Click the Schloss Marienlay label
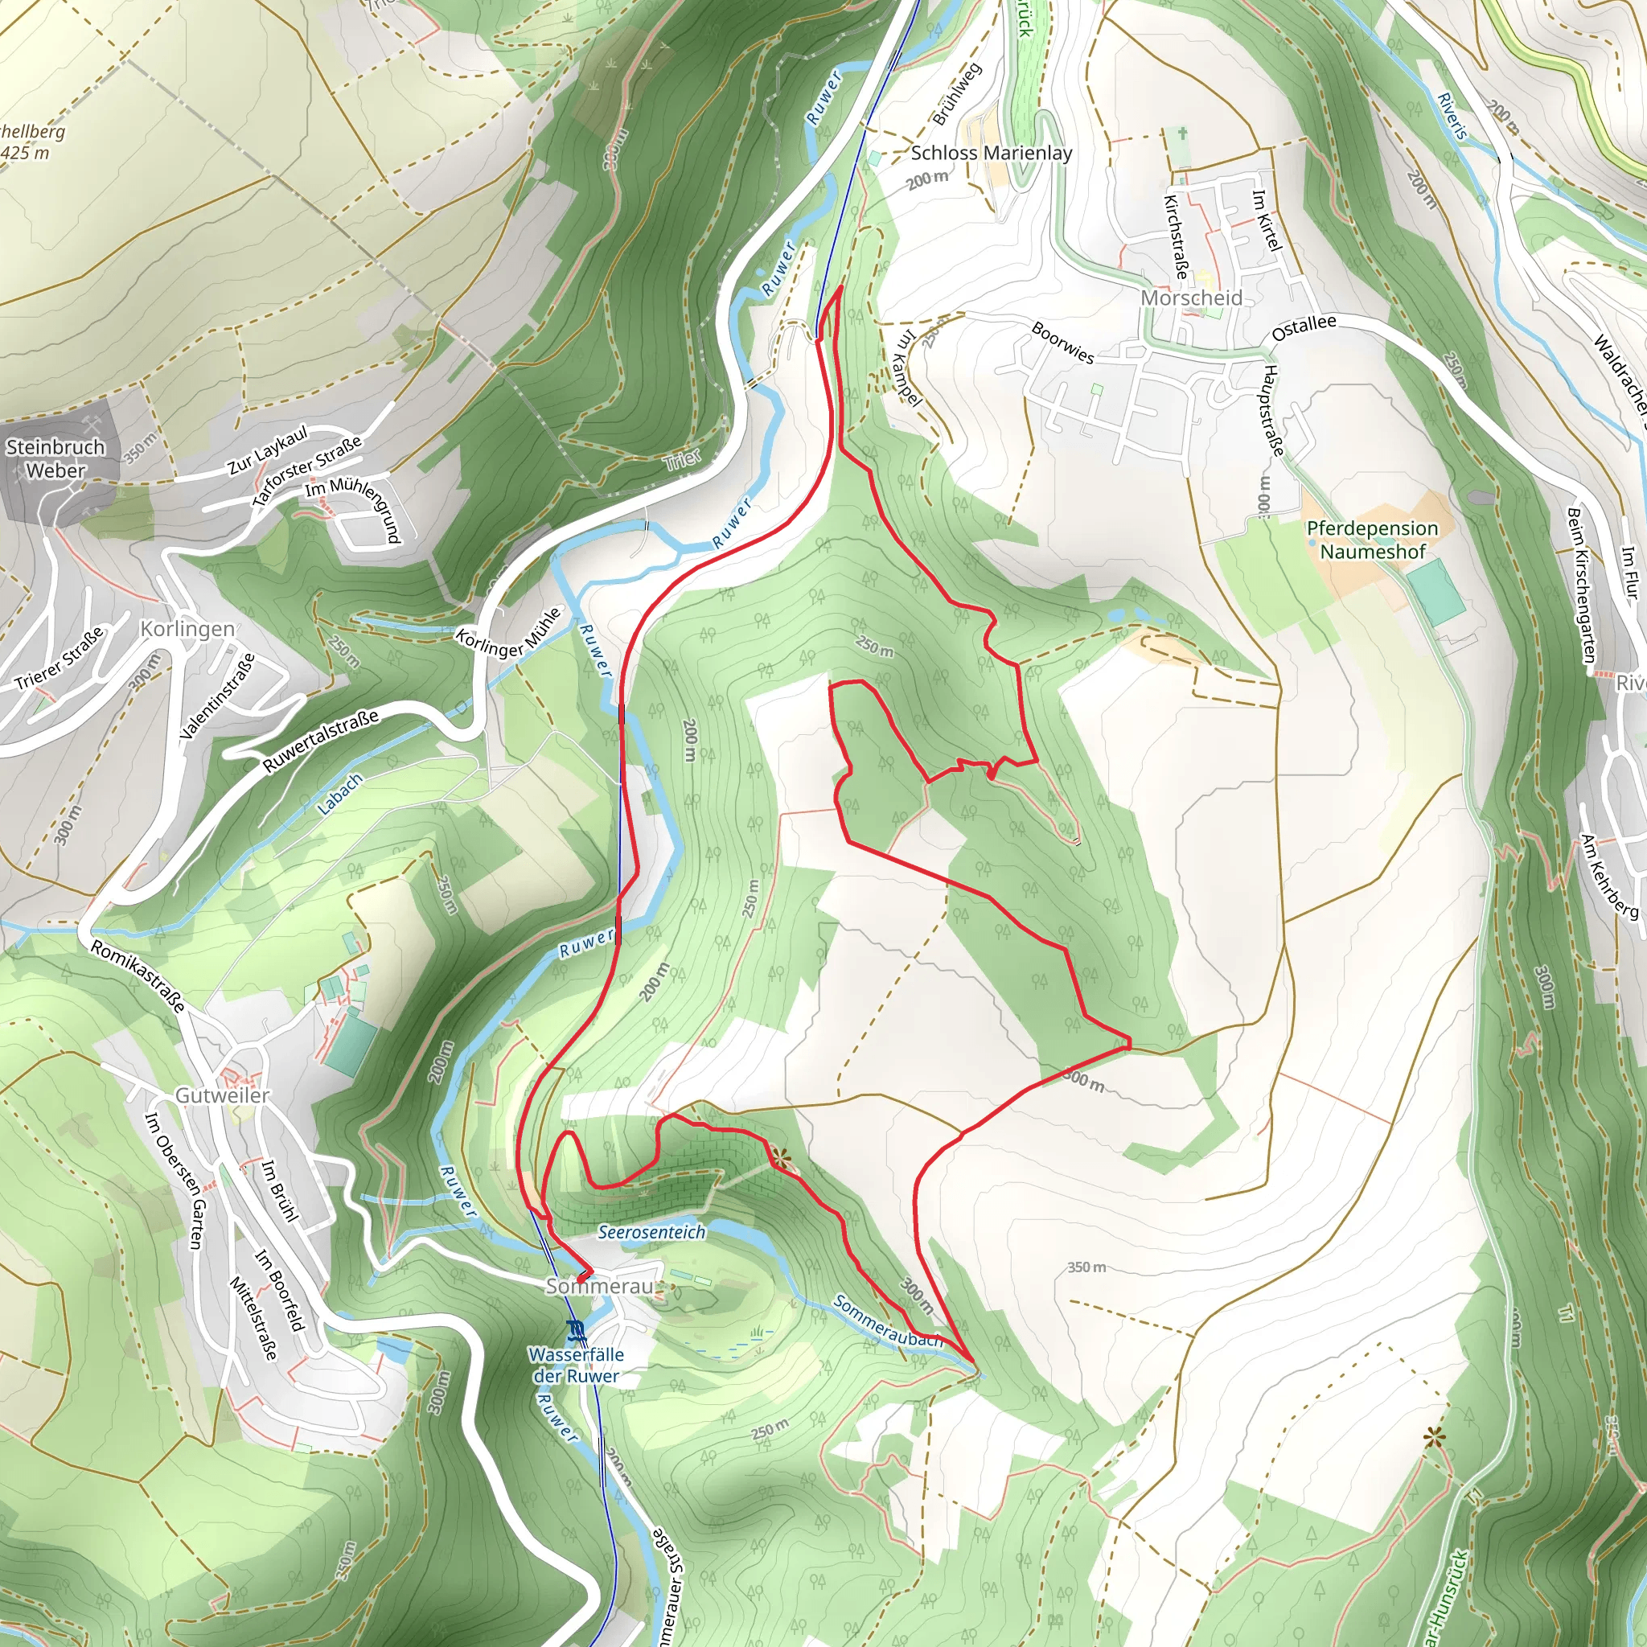coord(992,154)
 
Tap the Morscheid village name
coord(1192,298)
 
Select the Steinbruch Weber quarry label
coord(55,458)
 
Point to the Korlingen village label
coord(187,629)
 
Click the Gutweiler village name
coord(223,1095)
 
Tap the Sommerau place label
coord(599,1286)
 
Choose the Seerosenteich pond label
coord(652,1232)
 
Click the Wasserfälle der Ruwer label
coord(577,1365)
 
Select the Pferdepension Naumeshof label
coord(1373,540)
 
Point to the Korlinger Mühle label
coord(509,631)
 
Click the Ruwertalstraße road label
coord(321,741)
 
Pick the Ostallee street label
coord(1304,328)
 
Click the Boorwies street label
coord(1062,343)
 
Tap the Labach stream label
coord(340,795)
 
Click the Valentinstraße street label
coord(218,696)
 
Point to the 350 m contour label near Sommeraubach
coord(1087,1267)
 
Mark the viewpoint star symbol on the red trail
coord(780,1159)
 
